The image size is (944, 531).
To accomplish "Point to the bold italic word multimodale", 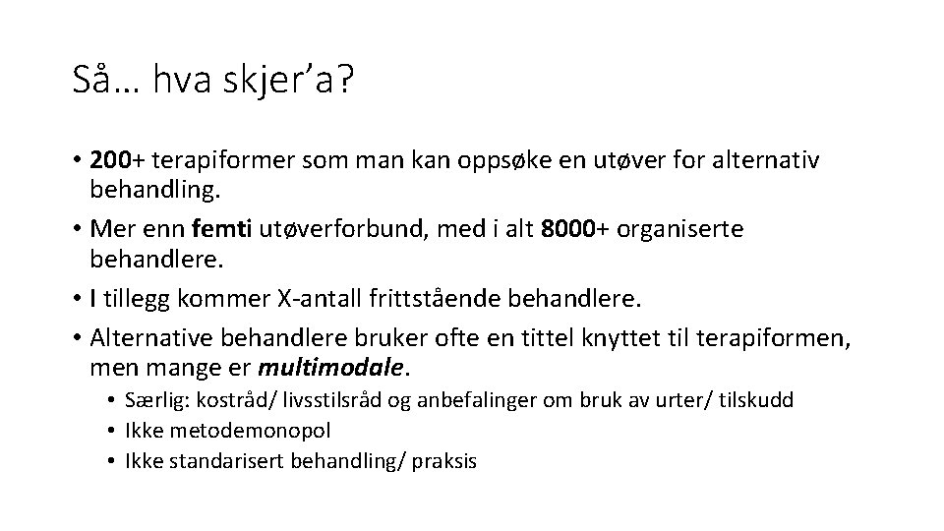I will [331, 369].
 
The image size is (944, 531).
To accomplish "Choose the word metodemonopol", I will [250, 431].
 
